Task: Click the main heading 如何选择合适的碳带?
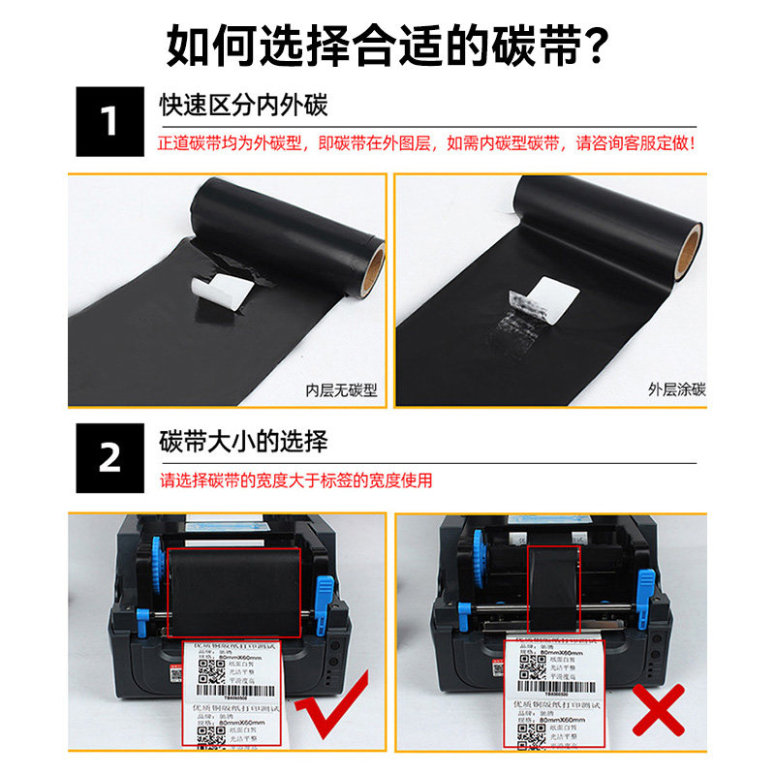(387, 44)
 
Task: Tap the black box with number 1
(109, 123)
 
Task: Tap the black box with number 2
(109, 457)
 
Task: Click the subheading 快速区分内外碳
(243, 105)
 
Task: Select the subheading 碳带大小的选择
(243, 442)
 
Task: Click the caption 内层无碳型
(340, 391)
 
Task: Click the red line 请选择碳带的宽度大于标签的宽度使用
(296, 480)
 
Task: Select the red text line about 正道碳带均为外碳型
(426, 143)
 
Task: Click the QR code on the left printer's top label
(205, 667)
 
